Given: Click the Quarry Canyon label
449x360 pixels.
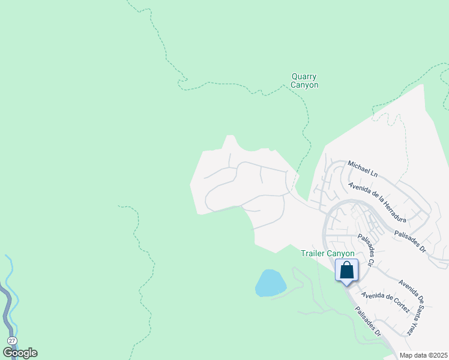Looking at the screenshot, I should tap(304, 81).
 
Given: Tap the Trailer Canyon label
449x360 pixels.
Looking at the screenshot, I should tap(328, 254).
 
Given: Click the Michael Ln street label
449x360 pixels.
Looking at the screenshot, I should tap(363, 169).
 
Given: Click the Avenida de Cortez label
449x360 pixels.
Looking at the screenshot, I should tap(385, 303).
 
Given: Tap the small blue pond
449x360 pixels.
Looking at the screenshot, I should tap(270, 283).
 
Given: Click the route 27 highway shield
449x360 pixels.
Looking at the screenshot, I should tap(12, 340).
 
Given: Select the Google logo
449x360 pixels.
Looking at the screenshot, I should tap(20, 353).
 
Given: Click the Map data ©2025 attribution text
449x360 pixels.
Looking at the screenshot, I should tap(424, 355).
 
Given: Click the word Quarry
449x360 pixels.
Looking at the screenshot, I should tap(304, 77).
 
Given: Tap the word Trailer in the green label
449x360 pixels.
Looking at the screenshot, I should tap(315, 254).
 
